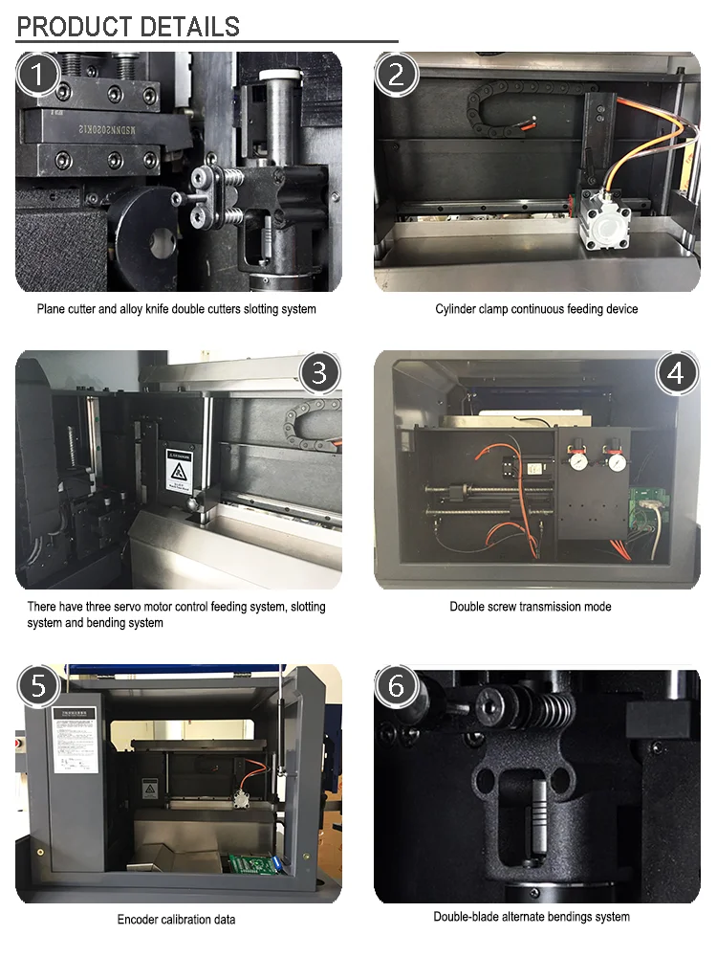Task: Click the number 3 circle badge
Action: (x=320, y=372)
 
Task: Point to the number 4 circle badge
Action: (x=676, y=372)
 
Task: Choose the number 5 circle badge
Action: (x=39, y=686)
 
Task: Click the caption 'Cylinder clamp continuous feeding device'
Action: (x=536, y=309)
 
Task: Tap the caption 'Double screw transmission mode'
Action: (x=531, y=607)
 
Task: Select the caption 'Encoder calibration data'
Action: (x=176, y=920)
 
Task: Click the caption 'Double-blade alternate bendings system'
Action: (x=532, y=917)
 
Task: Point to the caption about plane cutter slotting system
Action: (x=176, y=309)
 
